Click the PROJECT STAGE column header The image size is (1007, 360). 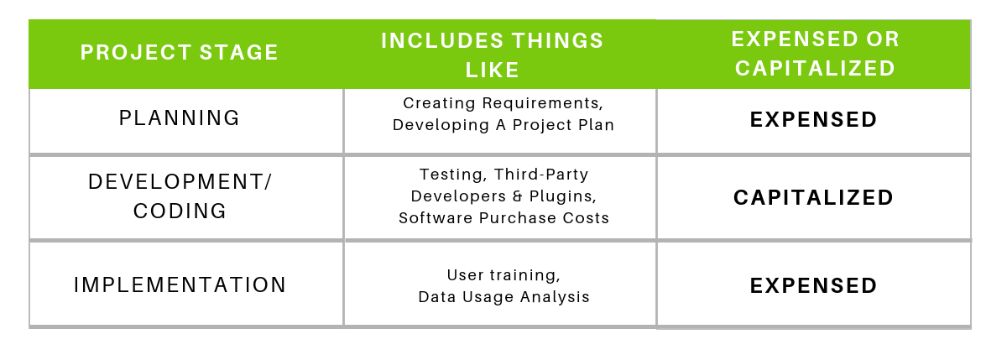click(180, 52)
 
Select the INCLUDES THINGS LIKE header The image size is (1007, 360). click(493, 55)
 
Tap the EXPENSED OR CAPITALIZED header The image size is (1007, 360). click(815, 54)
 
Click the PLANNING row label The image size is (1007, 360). click(180, 118)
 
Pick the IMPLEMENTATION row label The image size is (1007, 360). click(180, 285)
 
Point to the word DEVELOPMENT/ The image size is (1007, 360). click(180, 182)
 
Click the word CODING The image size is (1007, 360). click(180, 211)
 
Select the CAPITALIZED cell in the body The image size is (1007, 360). click(813, 198)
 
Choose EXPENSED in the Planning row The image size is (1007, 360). click(813, 119)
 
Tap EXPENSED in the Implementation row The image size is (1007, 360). click(813, 286)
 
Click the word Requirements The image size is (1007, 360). click(543, 103)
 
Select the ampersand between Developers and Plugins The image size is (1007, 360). click(518, 196)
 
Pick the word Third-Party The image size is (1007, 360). click(541, 175)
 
